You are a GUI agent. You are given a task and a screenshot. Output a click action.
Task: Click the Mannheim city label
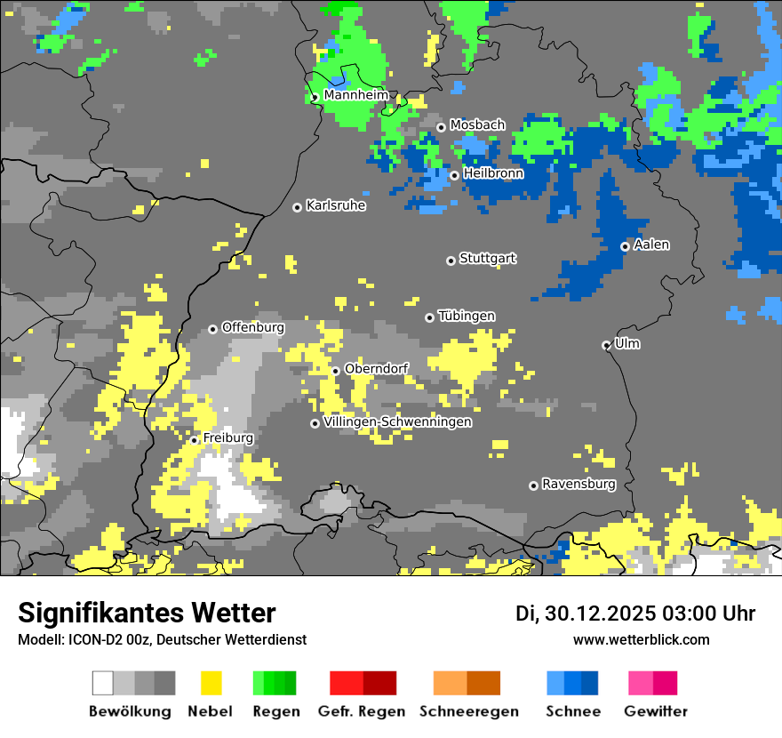[355, 94]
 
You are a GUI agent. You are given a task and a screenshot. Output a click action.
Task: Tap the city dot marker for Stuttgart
[451, 261]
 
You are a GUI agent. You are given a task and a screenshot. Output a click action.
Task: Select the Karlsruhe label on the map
[336, 205]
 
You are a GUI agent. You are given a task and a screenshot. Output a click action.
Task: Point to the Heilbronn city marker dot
[454, 175]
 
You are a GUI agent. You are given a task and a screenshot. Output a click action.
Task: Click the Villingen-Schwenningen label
[397, 421]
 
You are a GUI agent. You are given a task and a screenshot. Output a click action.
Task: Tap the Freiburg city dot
[194, 440]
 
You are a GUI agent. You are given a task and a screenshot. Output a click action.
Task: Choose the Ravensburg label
[579, 485]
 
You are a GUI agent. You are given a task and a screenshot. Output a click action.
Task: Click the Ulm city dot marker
[606, 345]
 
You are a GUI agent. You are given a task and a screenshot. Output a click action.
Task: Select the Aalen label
[652, 245]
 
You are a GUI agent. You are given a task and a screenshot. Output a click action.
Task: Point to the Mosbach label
[477, 125]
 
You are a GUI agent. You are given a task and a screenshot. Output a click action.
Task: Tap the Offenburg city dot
[212, 329]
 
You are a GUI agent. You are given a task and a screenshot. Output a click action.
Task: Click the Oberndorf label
[376, 368]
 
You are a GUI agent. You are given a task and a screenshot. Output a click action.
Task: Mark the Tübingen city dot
[429, 317]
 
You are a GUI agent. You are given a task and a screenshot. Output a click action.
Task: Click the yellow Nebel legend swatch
[211, 683]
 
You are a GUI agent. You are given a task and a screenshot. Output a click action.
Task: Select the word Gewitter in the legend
[655, 711]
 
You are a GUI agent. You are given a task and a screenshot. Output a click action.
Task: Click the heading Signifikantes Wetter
[147, 613]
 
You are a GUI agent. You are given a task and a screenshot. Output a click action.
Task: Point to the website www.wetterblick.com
[641, 639]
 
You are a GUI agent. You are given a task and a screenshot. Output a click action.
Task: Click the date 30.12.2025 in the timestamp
[597, 614]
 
